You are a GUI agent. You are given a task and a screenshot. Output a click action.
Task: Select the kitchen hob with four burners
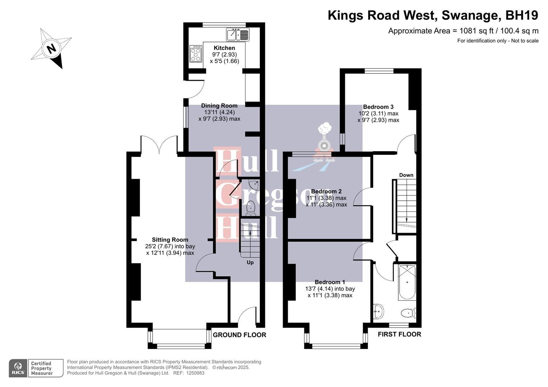pyautogui.click(x=196, y=54)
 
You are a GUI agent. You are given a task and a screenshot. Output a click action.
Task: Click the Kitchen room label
pyautogui.click(x=224, y=48)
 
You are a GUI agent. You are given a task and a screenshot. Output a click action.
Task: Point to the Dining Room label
pyautogui.click(x=219, y=106)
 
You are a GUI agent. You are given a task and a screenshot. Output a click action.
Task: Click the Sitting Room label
pyautogui.click(x=170, y=240)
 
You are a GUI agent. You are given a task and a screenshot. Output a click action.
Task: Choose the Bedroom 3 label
pyautogui.click(x=378, y=107)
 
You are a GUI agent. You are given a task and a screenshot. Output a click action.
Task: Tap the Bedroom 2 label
pyautogui.click(x=326, y=191)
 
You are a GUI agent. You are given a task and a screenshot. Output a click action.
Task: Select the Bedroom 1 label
pyautogui.click(x=330, y=282)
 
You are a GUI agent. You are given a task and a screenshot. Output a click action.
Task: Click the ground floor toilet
pyautogui.click(x=250, y=208)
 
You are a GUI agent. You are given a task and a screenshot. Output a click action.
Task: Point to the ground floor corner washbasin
pyautogui.click(x=256, y=185)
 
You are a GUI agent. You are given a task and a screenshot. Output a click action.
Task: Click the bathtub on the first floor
pyautogui.click(x=407, y=282)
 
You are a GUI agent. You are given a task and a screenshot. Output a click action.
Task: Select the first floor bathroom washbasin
pyautogui.click(x=378, y=311)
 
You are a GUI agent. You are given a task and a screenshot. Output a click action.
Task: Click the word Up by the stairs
pyautogui.click(x=250, y=262)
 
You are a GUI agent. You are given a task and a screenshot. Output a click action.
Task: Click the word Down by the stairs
pyautogui.click(x=406, y=175)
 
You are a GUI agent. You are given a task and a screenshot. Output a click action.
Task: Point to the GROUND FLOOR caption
pyautogui.click(x=239, y=335)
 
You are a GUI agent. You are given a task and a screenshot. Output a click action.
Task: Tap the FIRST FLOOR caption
pyautogui.click(x=399, y=334)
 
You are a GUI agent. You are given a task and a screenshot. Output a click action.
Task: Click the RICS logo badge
pyautogui.click(x=18, y=368)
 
